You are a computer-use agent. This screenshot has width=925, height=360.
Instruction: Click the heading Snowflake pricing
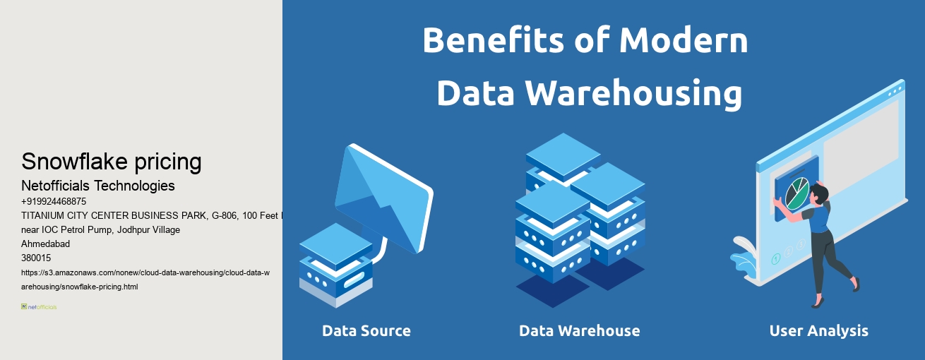pos(112,162)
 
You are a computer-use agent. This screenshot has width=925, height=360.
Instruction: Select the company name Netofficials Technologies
pos(98,186)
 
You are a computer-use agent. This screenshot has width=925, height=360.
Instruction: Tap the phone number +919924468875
pos(54,201)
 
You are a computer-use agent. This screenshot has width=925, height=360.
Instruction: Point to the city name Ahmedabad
pos(45,244)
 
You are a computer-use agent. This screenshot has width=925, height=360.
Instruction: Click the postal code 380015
pos(36,258)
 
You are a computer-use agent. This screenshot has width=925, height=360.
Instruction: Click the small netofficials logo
pos(39,307)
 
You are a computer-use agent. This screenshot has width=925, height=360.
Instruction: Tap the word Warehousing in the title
pos(629,92)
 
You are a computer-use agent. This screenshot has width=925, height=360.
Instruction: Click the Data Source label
pos(366,330)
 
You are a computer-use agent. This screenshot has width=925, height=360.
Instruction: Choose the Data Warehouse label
pos(579,330)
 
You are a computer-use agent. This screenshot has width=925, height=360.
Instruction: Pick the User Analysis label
pos(818,330)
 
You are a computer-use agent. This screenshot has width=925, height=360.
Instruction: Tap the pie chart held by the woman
pos(796,193)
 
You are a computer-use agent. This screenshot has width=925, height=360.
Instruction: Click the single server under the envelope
pos(335,265)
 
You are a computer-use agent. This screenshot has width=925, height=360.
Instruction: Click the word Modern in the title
pos(684,41)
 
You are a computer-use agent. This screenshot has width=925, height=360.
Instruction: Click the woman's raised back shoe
pos(855,284)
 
